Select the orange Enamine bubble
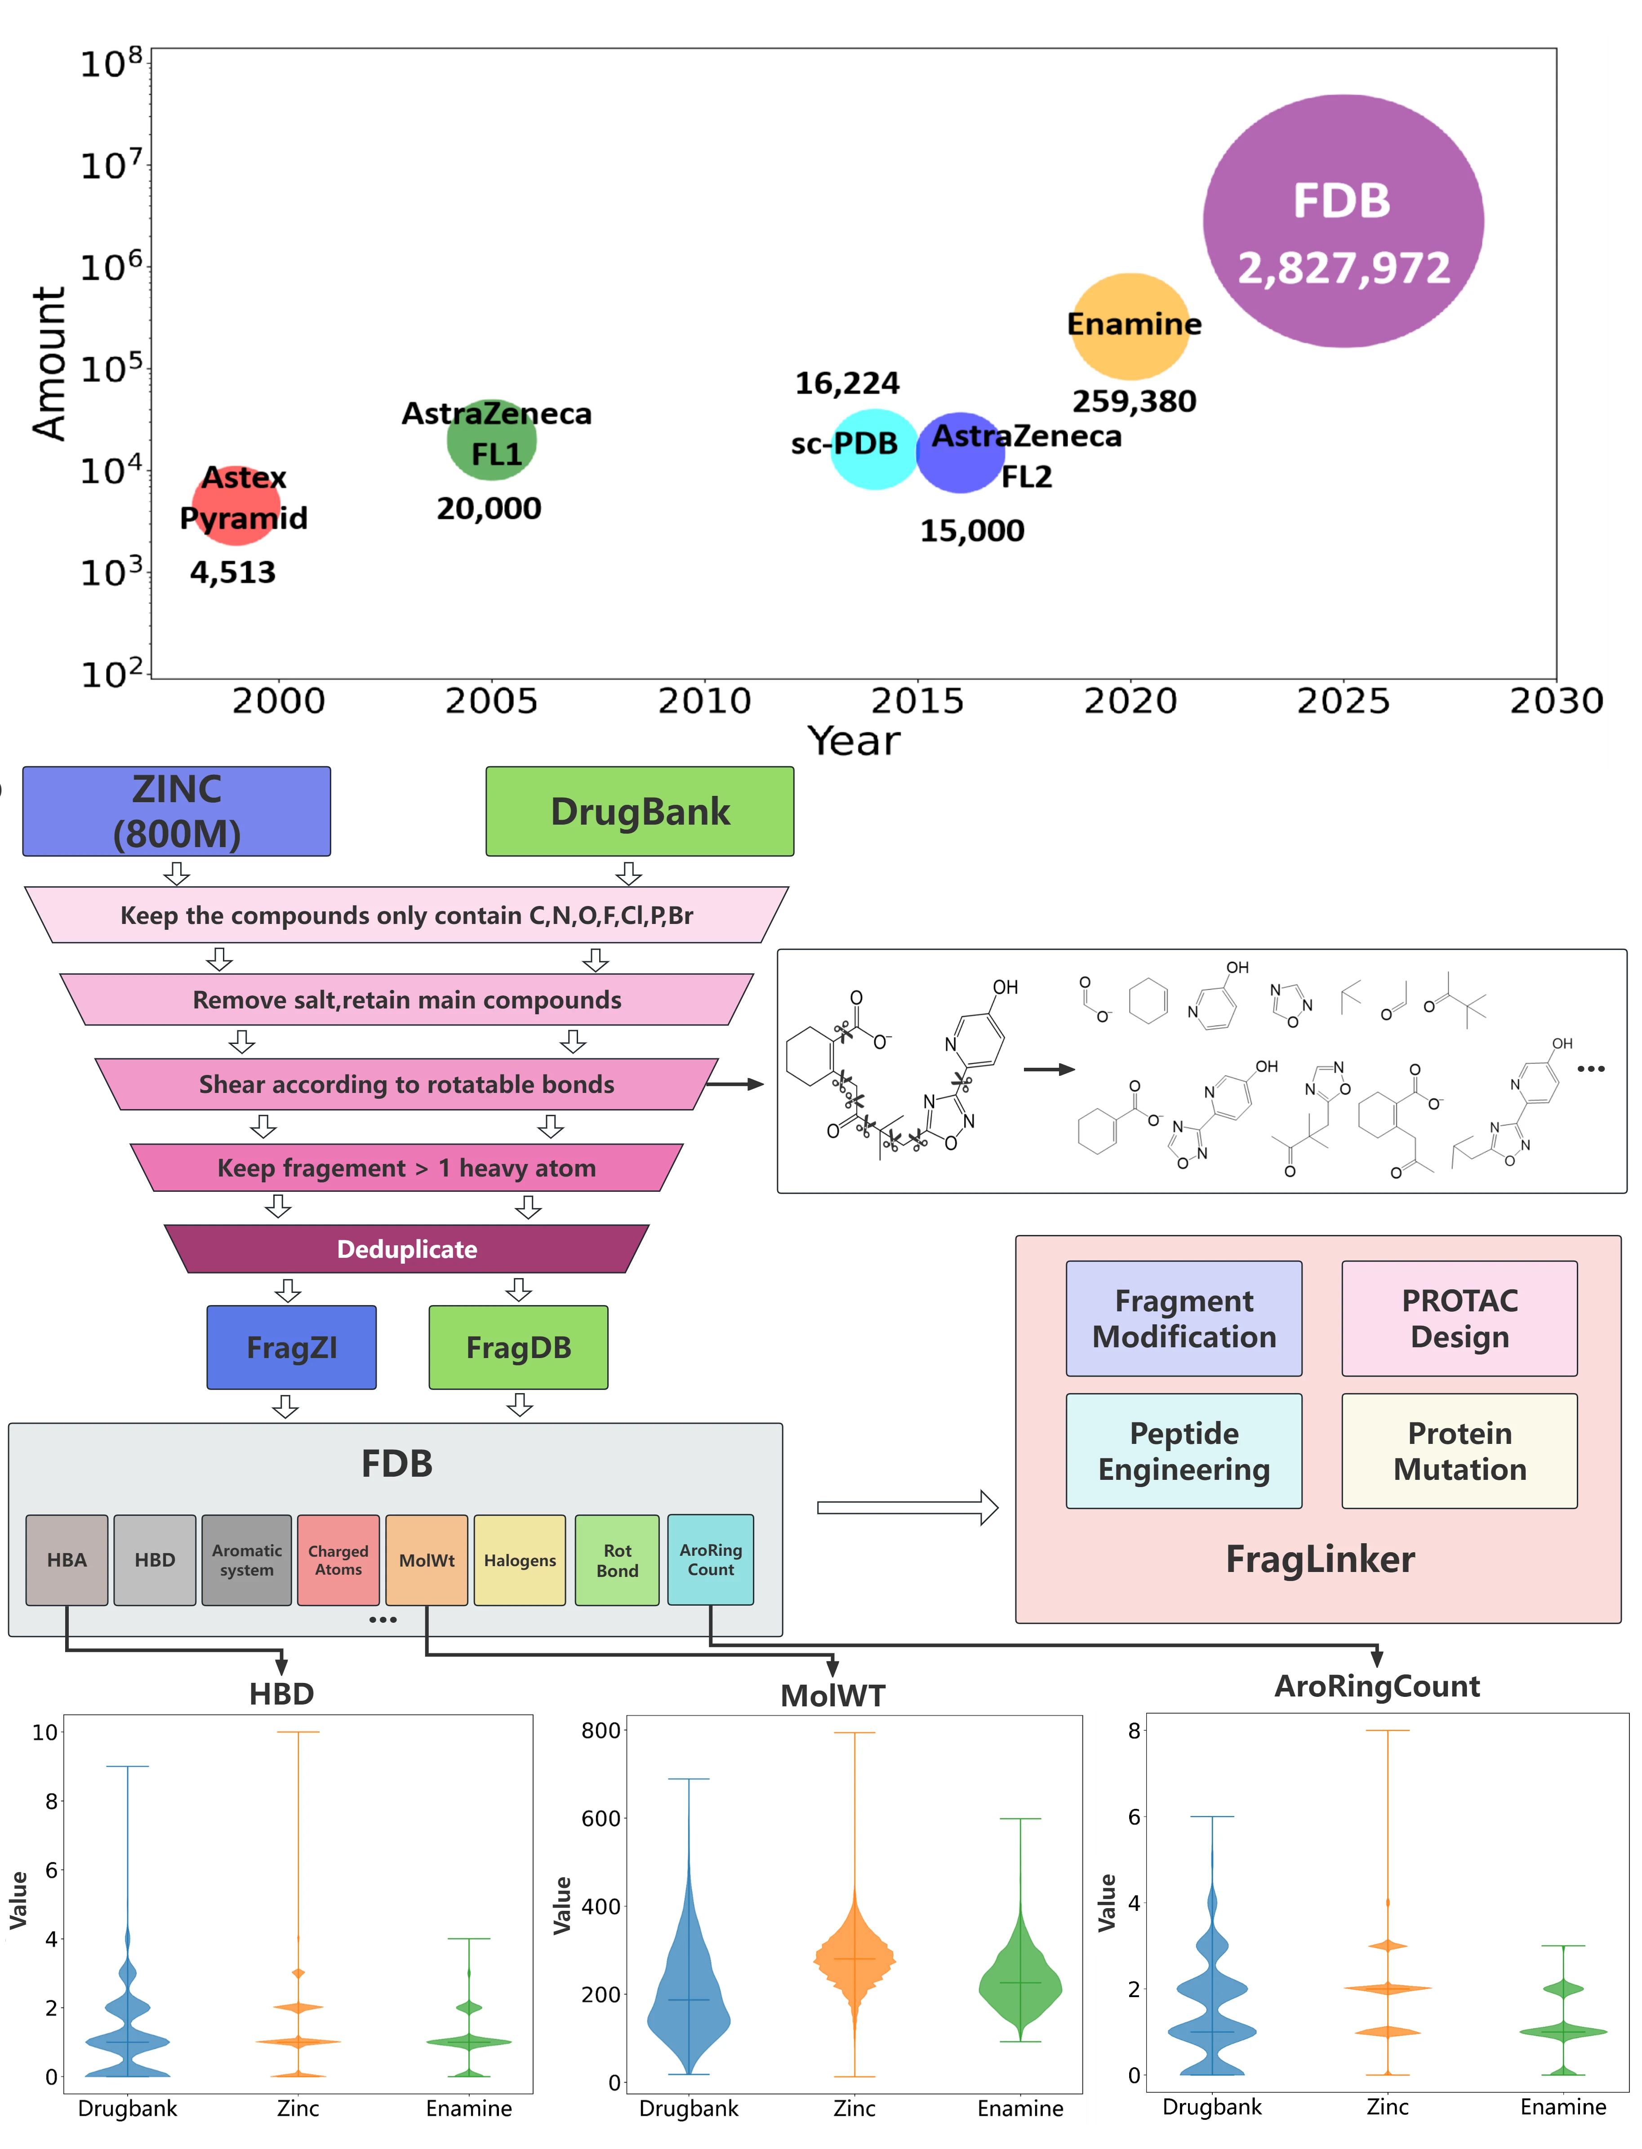pyautogui.click(x=1131, y=326)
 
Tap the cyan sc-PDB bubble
pyautogui.click(x=875, y=448)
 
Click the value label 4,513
pyautogui.click(x=233, y=573)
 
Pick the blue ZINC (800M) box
pyautogui.click(x=177, y=811)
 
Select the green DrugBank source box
pyautogui.click(x=640, y=811)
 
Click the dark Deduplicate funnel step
pyautogui.click(x=407, y=1249)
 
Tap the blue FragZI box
pyautogui.click(x=291, y=1348)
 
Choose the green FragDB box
pyautogui.click(x=518, y=1348)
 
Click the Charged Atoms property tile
pyautogui.click(x=338, y=1560)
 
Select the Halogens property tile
pyautogui.click(x=520, y=1560)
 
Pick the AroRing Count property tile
pyautogui.click(x=711, y=1560)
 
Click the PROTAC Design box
pyautogui.click(x=1459, y=1319)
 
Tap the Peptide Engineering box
pyautogui.click(x=1184, y=1451)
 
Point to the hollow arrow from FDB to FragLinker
pyautogui.click(x=907, y=1507)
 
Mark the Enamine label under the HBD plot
pyautogui.click(x=469, y=2108)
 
